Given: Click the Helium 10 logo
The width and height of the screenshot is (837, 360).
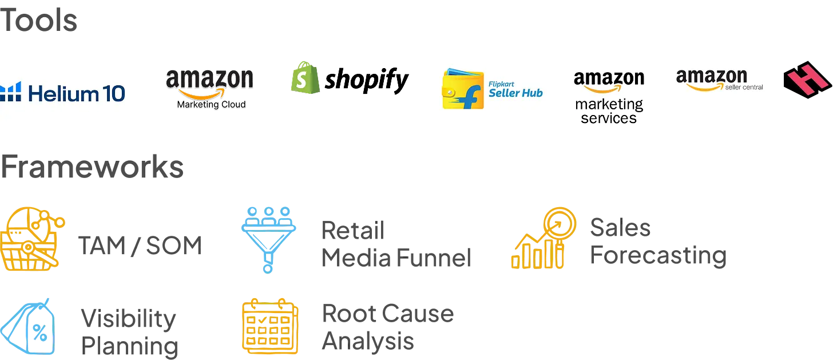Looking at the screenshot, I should pyautogui.click(x=64, y=92).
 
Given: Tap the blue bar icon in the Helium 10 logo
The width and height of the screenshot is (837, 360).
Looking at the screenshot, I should pyautogui.click(x=10, y=92).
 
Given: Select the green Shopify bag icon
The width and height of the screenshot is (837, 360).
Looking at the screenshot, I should pyautogui.click(x=304, y=78).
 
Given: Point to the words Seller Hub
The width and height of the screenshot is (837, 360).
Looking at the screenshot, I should pyautogui.click(x=515, y=93).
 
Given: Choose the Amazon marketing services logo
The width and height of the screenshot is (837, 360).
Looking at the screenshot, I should pyautogui.click(x=610, y=98).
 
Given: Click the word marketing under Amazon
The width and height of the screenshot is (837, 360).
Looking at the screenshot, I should pyautogui.click(x=609, y=105).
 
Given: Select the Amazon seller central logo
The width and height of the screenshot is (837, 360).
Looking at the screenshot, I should pyautogui.click(x=718, y=80).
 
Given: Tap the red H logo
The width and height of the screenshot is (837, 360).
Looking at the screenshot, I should pyautogui.click(x=807, y=80).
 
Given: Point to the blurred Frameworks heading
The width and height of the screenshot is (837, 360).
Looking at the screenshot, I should pyautogui.click(x=92, y=167).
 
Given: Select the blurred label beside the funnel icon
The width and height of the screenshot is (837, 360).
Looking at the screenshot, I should pyautogui.click(x=395, y=245).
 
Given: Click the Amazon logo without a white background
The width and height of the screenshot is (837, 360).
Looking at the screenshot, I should pyautogui.click(x=210, y=82).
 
